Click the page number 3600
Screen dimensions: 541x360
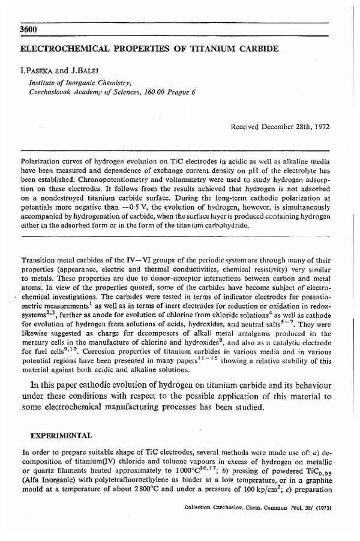pyautogui.click(x=30, y=30)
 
